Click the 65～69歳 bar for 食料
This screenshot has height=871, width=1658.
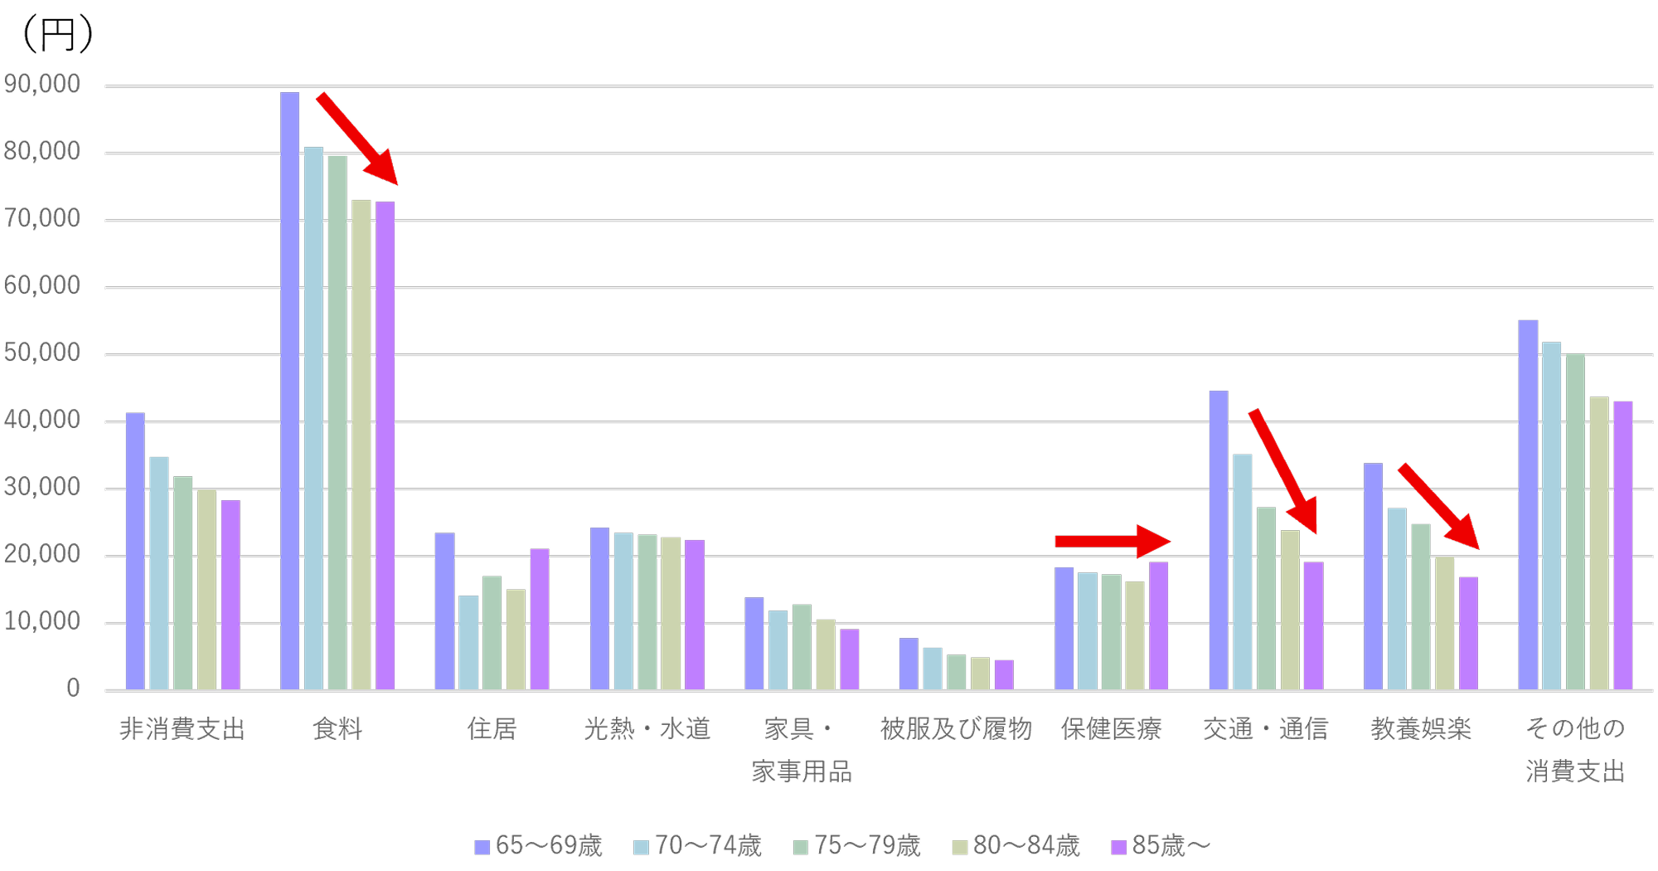pyautogui.click(x=289, y=390)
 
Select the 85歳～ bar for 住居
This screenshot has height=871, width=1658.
pyautogui.click(x=540, y=619)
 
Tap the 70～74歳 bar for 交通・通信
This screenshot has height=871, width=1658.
pyautogui.click(x=1242, y=572)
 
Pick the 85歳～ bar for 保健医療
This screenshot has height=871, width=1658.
pyautogui.click(x=1158, y=625)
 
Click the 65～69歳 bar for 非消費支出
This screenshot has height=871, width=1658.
pyautogui.click(x=135, y=551)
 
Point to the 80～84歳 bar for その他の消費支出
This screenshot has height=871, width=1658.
pyautogui.click(x=1598, y=543)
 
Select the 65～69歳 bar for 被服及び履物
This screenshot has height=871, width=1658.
pyautogui.click(x=909, y=664)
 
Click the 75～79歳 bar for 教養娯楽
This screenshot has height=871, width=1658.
pyautogui.click(x=1421, y=606)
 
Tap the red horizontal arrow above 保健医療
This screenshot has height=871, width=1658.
pyautogui.click(x=1111, y=541)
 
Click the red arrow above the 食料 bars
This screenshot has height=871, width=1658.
pyautogui.click(x=357, y=139)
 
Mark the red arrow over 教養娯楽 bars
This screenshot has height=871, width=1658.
pyautogui.click(x=1438, y=507)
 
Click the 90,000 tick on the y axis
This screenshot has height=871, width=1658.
pyautogui.click(x=42, y=85)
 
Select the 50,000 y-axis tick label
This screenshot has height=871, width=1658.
pyautogui.click(x=42, y=353)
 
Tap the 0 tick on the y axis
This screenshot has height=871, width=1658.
pyautogui.click(x=73, y=689)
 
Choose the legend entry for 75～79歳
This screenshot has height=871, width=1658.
pyautogui.click(x=857, y=846)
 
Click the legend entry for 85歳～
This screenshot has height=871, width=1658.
pyautogui.click(x=1161, y=846)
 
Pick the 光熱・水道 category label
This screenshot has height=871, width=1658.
pyautogui.click(x=647, y=729)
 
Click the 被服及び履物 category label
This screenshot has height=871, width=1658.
pyautogui.click(x=956, y=729)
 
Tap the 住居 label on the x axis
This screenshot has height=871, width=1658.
pyautogui.click(x=492, y=729)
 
